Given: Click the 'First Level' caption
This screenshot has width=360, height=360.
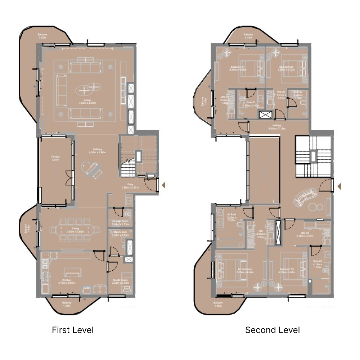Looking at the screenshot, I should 73,330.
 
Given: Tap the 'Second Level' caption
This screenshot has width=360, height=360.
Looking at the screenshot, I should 273,330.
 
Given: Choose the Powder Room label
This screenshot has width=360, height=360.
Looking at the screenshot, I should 120,222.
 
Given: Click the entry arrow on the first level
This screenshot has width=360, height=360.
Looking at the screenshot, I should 163,185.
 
